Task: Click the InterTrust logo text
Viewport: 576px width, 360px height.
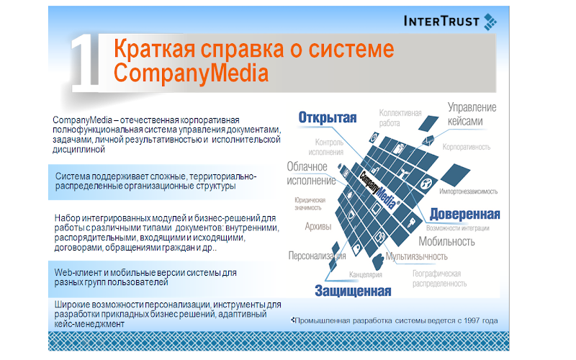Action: click(441, 21)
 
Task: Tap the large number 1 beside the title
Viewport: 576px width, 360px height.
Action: click(85, 63)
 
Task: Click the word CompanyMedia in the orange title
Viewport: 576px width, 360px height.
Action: click(191, 73)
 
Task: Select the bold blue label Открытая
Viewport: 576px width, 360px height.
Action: click(328, 117)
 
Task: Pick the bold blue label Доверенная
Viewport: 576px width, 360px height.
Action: click(464, 214)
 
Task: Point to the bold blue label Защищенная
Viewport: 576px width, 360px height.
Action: click(353, 291)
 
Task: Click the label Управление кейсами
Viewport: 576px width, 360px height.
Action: click(472, 114)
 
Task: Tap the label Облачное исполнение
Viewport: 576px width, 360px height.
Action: click(311, 174)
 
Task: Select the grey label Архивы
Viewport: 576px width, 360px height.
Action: click(318, 226)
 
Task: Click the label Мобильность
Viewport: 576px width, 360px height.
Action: click(446, 241)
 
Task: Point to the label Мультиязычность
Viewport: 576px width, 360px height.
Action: click(417, 256)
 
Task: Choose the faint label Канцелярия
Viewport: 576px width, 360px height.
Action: click(366, 274)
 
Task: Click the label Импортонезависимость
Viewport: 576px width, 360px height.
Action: click(469, 192)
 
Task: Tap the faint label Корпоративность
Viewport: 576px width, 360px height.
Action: click(466, 147)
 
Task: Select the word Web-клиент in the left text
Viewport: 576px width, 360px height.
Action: click(78, 273)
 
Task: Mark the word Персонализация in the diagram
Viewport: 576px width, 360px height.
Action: click(317, 256)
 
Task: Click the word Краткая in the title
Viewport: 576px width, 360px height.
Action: click(154, 48)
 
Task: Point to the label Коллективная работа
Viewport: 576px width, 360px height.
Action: click(400, 118)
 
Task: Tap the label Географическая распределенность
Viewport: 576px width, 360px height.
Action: click(439, 279)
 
